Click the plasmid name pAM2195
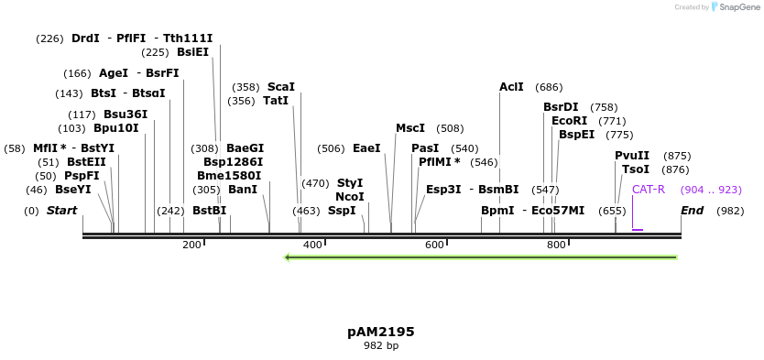pos(381,332)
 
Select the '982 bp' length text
pos(381,346)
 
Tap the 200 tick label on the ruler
pos(191,245)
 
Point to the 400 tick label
pos(312,245)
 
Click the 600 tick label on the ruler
pos(434,245)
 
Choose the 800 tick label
pos(556,245)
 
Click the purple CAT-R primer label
pos(648,190)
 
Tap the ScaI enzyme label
pos(281,87)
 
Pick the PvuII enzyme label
pos(632,156)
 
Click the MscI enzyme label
pos(410,128)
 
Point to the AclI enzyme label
pos(511,87)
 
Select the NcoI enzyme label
pos(349,196)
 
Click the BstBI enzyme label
pos(209,211)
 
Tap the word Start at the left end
pos(61,211)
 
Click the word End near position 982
pos(693,211)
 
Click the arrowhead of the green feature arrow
pos(289,257)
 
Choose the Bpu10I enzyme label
pos(116,128)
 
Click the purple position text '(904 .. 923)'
pos(711,190)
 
